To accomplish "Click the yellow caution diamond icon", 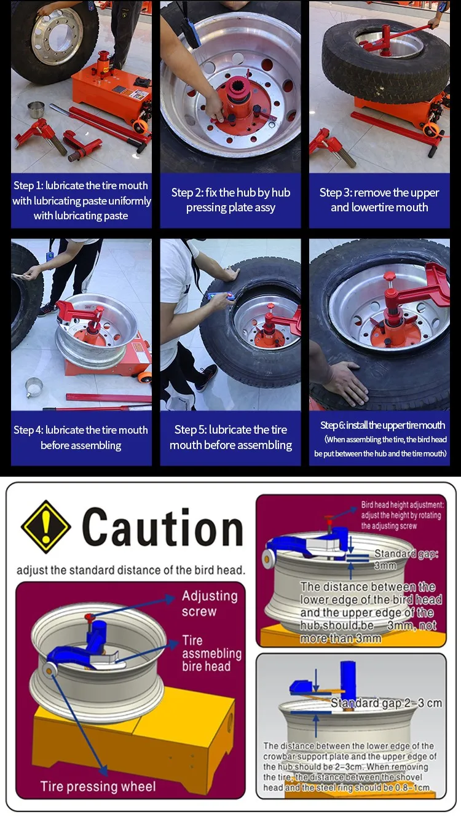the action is (x=45, y=526).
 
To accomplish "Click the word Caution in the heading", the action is (x=162, y=527).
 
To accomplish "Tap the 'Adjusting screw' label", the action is (x=210, y=603).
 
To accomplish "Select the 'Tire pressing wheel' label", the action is (x=98, y=786).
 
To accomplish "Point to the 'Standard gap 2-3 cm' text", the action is (x=386, y=703).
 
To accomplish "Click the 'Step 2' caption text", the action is (x=230, y=200).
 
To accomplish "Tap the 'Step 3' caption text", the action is (x=379, y=200).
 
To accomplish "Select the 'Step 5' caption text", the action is (x=230, y=437).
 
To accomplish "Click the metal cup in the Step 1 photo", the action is (x=36, y=110).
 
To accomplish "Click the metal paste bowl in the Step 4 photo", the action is (x=34, y=388).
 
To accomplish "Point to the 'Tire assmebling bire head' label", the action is (x=211, y=652).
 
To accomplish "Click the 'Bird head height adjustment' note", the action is (x=402, y=515).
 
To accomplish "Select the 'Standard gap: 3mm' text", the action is (x=406, y=560).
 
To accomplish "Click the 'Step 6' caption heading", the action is (x=382, y=425).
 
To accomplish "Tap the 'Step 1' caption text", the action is (x=81, y=200).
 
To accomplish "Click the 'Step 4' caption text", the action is (x=81, y=437).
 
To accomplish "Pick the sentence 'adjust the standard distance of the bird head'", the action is (x=131, y=569).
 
